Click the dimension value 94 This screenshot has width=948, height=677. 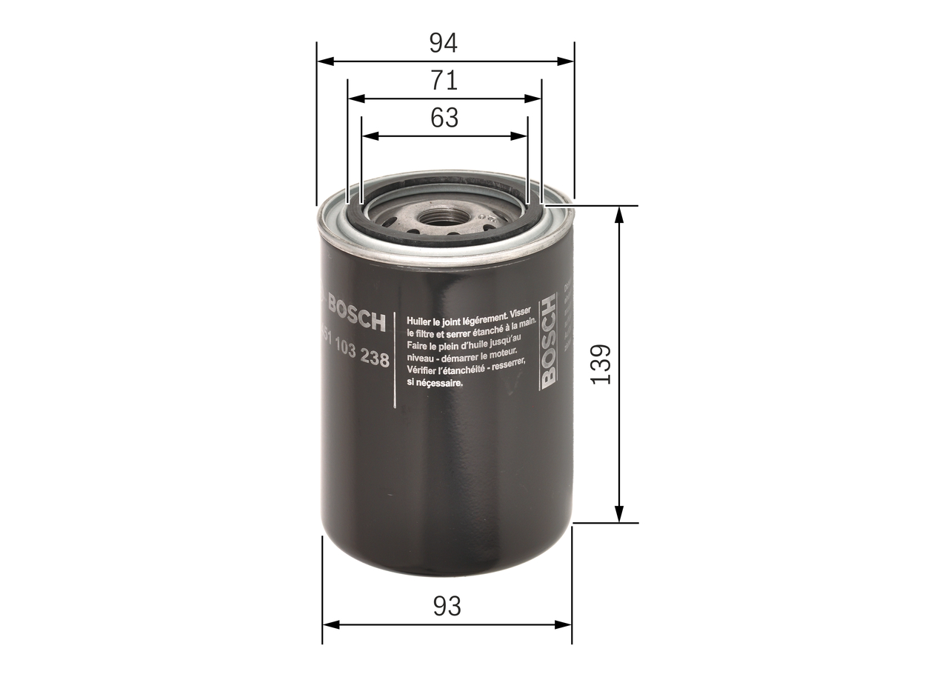(x=444, y=44)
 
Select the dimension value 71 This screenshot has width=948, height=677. (x=444, y=80)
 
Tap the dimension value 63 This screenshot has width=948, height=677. (x=444, y=118)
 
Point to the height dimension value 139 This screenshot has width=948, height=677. (x=602, y=363)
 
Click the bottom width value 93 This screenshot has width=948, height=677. (x=447, y=606)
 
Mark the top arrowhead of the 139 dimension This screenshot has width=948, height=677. (x=619, y=213)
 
